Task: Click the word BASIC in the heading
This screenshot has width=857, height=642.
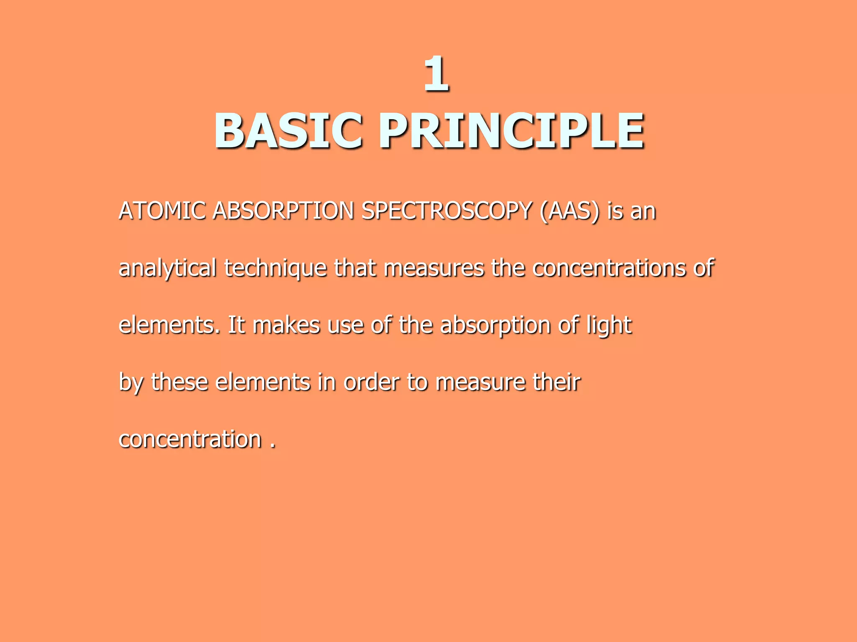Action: [288, 131]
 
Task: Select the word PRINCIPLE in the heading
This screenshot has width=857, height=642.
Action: [511, 131]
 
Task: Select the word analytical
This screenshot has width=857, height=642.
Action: [167, 268]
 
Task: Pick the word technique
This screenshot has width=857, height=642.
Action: [275, 268]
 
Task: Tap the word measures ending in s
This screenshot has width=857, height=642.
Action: [434, 268]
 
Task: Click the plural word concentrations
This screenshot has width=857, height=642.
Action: [609, 268]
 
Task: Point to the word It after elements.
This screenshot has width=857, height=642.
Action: [236, 325]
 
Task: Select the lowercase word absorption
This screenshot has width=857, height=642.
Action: [495, 326]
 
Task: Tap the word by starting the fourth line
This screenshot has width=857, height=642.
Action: [131, 382]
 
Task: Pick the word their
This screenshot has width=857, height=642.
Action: [557, 382]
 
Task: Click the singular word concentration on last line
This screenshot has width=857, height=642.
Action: [190, 439]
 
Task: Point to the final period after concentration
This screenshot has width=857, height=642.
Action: [273, 446]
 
